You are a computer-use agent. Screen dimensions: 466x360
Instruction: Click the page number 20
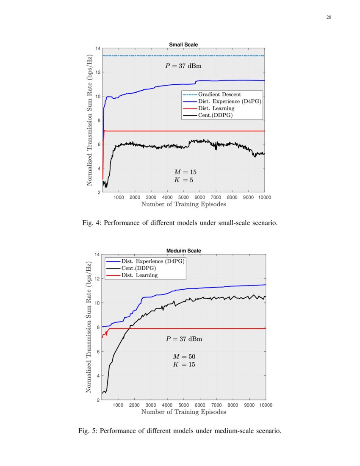click(x=329, y=17)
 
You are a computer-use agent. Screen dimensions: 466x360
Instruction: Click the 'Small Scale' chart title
click(x=183, y=44)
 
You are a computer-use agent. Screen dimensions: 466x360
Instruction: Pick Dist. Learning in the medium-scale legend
click(x=139, y=275)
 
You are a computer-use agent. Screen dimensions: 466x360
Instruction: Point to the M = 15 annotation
click(x=185, y=172)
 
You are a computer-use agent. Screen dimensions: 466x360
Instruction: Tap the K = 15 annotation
click(x=184, y=364)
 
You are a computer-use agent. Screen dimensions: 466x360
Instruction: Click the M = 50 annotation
click(x=184, y=357)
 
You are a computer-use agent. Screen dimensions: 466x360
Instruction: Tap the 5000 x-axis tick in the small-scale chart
click(x=183, y=197)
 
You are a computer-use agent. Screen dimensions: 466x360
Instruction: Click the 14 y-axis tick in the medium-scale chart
click(x=97, y=255)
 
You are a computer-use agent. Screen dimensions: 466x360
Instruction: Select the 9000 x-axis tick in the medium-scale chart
click(x=249, y=405)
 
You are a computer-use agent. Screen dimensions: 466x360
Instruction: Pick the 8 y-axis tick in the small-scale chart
click(x=98, y=120)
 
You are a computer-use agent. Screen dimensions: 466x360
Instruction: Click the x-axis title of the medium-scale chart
click(x=183, y=412)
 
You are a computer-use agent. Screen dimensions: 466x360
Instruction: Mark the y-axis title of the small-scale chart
click(x=89, y=120)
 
